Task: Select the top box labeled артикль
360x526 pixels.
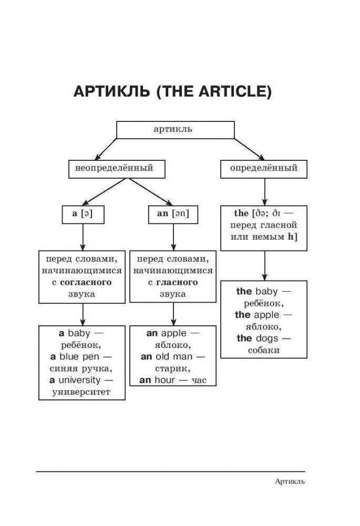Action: [175, 129]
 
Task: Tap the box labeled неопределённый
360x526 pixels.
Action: [117, 169]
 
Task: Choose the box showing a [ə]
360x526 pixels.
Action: [83, 213]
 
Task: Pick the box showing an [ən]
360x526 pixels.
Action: [173, 213]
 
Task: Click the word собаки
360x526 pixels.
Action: [264, 350]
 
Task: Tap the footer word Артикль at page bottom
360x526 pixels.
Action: [290, 481]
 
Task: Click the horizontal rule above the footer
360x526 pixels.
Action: [170, 471]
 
